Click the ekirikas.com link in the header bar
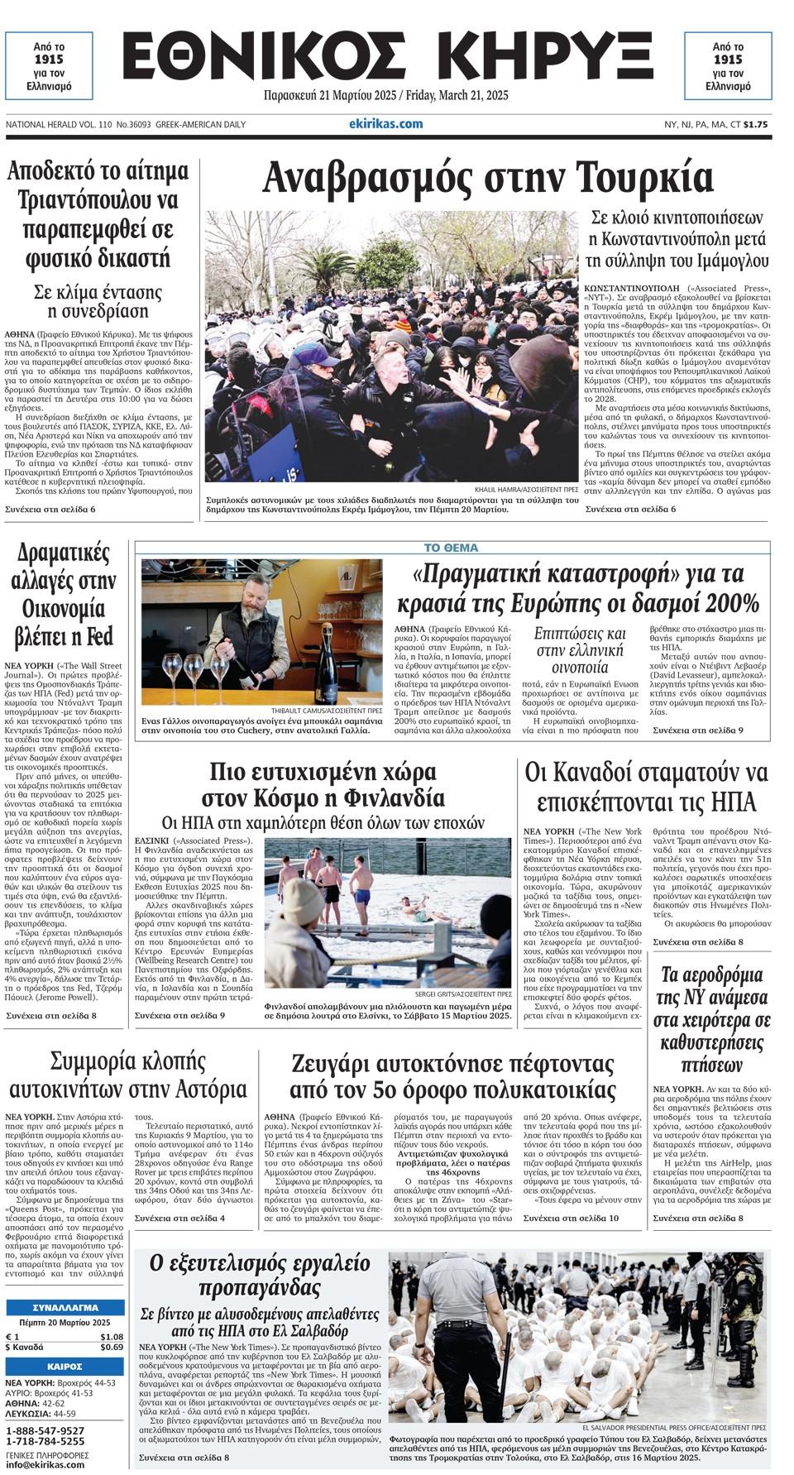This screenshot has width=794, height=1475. click(x=385, y=124)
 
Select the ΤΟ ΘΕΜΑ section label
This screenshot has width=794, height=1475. click(x=451, y=548)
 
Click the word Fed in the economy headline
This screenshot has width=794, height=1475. click(x=97, y=637)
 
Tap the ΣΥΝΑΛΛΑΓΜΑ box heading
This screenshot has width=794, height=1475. click(x=65, y=1308)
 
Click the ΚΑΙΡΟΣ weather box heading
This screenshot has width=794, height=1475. click(x=65, y=1367)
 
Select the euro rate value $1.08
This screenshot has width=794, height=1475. click(x=111, y=1336)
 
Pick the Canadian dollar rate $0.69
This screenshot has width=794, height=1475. click(x=111, y=1347)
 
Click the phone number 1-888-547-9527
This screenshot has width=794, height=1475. click(x=45, y=1430)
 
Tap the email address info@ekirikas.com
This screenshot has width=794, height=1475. click(x=45, y=1464)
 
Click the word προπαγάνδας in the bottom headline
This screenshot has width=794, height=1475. click(x=260, y=1288)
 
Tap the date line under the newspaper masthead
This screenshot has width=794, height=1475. click(x=385, y=95)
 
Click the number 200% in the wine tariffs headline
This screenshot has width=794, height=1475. click(x=728, y=602)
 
